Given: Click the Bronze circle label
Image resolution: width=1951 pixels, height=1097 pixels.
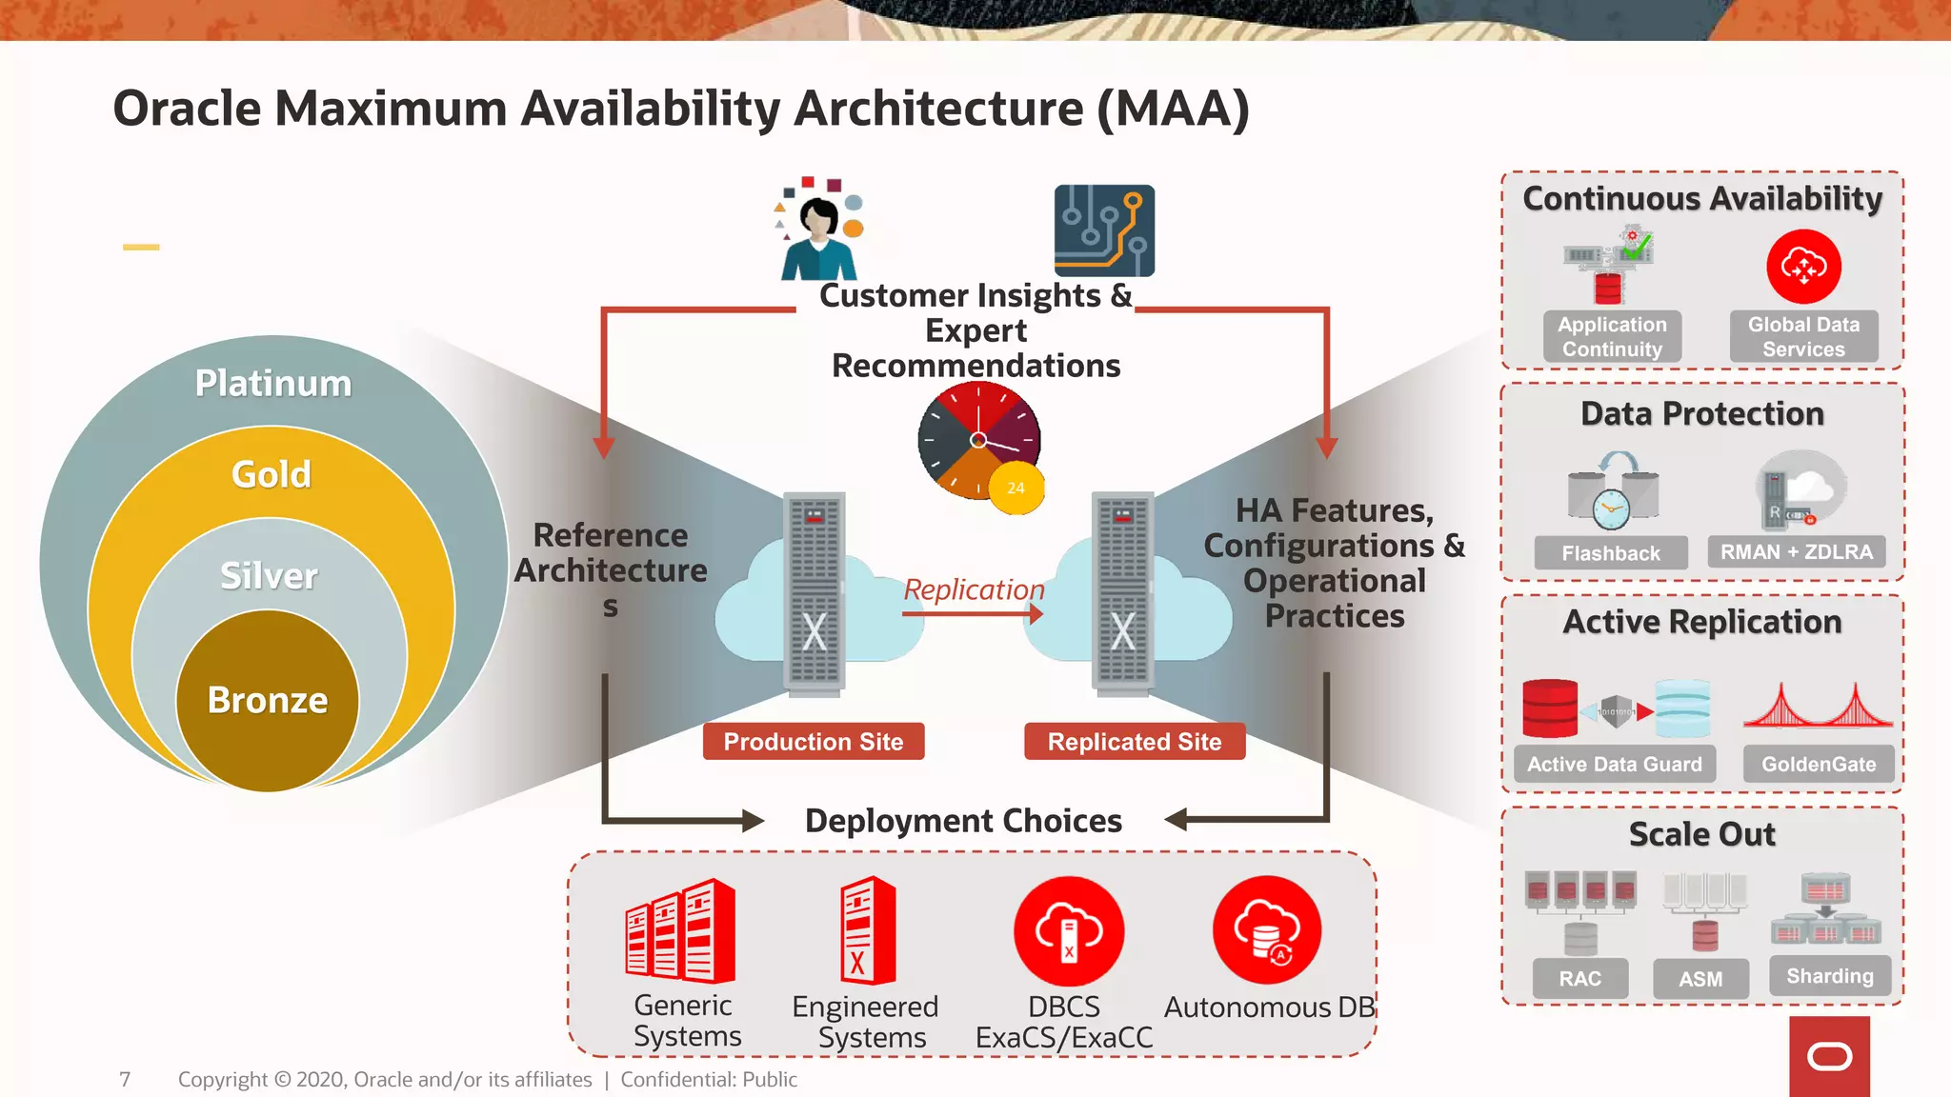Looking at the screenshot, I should click(x=268, y=700).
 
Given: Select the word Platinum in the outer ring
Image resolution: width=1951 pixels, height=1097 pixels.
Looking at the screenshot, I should click(x=273, y=383).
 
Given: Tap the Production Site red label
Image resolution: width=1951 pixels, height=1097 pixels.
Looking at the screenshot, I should click(x=813, y=742).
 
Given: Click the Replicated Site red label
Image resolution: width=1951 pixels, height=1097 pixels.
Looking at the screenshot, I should click(x=1134, y=742).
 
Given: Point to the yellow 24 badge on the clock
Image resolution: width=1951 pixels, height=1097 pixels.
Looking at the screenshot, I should click(x=1016, y=488).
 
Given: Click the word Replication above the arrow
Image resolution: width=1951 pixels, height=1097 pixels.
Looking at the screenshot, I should click(x=974, y=589).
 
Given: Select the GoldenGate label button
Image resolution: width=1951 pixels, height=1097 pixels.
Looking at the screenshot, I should click(x=1818, y=764).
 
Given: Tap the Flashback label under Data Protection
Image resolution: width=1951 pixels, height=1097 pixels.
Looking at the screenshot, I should click(x=1610, y=553).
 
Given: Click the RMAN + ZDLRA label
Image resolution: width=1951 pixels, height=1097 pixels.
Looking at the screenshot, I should click(x=1796, y=552).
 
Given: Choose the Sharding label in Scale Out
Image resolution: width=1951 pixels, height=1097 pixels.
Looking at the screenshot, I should click(x=1829, y=976).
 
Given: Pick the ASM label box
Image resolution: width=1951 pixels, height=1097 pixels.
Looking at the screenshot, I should click(x=1700, y=979).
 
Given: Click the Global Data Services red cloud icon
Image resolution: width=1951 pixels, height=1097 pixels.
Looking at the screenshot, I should click(x=1803, y=267).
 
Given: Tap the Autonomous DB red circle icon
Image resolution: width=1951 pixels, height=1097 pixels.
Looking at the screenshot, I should click(x=1267, y=930).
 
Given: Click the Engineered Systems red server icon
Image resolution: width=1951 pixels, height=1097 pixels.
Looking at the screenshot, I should click(x=868, y=930).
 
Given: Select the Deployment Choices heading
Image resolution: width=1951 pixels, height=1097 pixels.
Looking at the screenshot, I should click(x=963, y=821).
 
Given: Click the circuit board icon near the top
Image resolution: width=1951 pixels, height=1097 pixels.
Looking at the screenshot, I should click(x=1104, y=231).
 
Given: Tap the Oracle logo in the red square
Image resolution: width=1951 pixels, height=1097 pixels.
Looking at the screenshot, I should click(x=1829, y=1056).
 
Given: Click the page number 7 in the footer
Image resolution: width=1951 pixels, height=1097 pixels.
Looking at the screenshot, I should click(x=125, y=1079).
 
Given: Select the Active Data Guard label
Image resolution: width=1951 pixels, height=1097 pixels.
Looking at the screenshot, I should click(x=1614, y=764).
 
